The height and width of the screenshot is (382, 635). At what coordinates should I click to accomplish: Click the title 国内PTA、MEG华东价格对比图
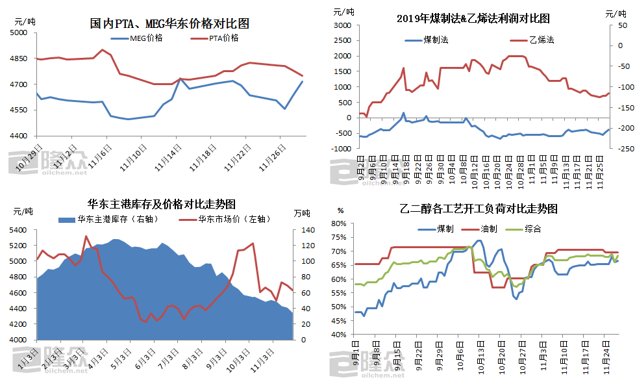(x=169, y=24)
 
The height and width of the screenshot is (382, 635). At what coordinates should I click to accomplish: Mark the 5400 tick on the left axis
(x=19, y=230)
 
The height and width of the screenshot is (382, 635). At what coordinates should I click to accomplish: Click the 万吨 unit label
(x=301, y=214)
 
